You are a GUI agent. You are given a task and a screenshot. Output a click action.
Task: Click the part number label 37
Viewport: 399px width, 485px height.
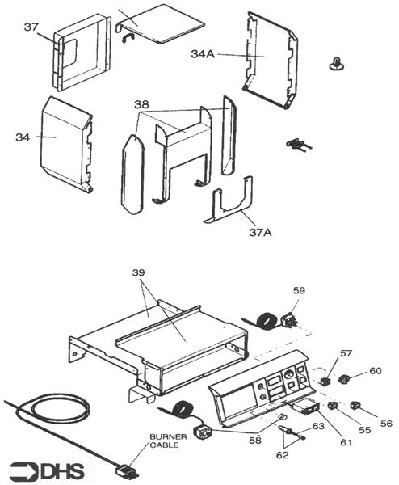click(31, 27)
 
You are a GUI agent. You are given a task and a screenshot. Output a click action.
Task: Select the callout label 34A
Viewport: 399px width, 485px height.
click(203, 54)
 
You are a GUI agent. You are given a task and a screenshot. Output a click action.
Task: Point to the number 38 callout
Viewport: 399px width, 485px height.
click(141, 105)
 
